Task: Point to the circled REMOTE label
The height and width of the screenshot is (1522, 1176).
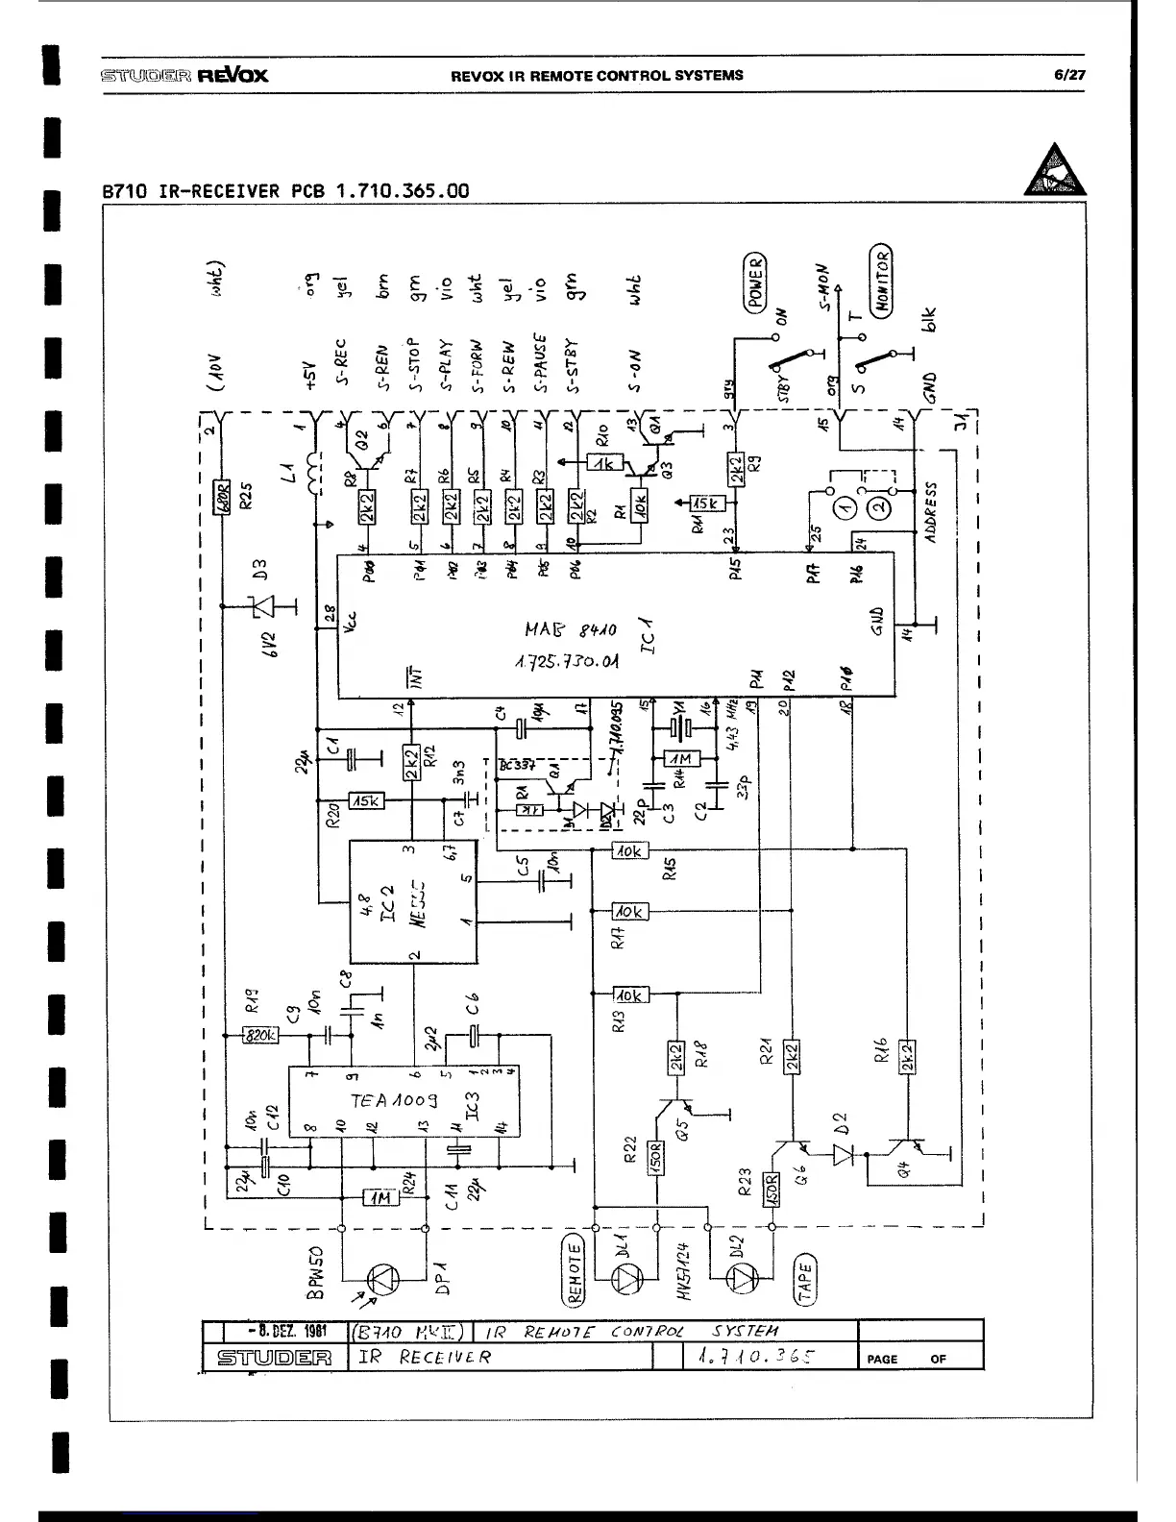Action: point(575,1273)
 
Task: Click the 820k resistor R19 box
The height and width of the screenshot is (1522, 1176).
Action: point(260,1035)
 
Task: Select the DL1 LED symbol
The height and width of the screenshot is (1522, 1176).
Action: point(629,1277)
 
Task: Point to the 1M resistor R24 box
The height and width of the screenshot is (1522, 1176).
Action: point(380,1198)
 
